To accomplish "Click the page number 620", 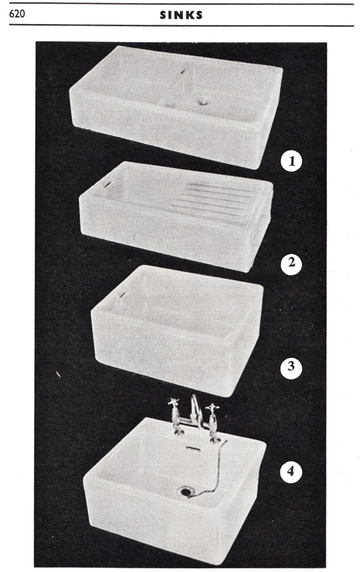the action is [17, 14].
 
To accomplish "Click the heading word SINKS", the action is [181, 15].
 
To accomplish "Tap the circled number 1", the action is [292, 161].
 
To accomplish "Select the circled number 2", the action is [291, 263].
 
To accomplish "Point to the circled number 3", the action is [290, 366].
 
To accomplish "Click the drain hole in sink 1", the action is [202, 102].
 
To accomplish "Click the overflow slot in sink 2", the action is [107, 185].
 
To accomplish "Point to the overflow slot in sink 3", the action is [122, 294].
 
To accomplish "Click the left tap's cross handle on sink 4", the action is [173, 403].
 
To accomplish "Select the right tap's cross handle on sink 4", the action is [212, 408].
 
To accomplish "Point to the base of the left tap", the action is [179, 432].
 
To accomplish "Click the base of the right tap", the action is [215, 439].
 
